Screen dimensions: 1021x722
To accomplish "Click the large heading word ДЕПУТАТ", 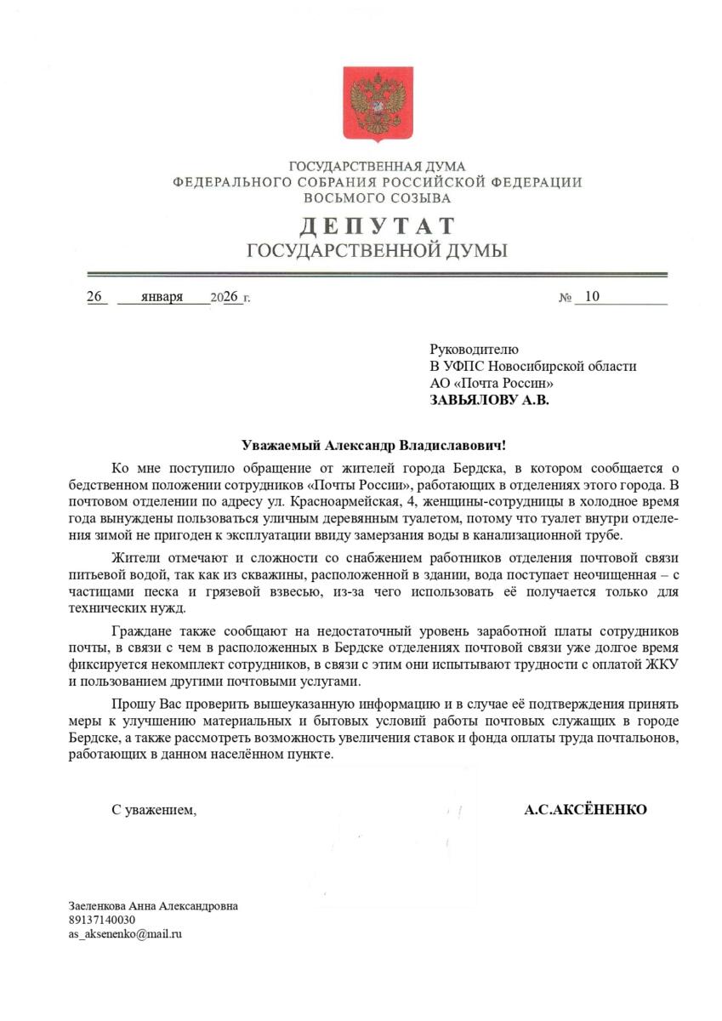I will [378, 226].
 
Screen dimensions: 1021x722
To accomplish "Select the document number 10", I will [592, 297].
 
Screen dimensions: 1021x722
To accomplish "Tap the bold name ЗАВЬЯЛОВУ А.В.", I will [490, 400].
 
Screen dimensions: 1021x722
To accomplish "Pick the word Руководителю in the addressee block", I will [474, 349].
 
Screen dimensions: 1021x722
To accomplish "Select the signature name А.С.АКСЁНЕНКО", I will [585, 809].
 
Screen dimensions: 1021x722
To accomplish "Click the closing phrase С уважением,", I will [154, 809].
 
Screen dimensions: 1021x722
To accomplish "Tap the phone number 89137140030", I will [101, 920].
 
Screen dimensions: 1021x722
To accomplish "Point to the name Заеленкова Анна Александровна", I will [153, 906].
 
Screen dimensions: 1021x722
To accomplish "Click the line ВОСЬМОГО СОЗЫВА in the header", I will [378, 197].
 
